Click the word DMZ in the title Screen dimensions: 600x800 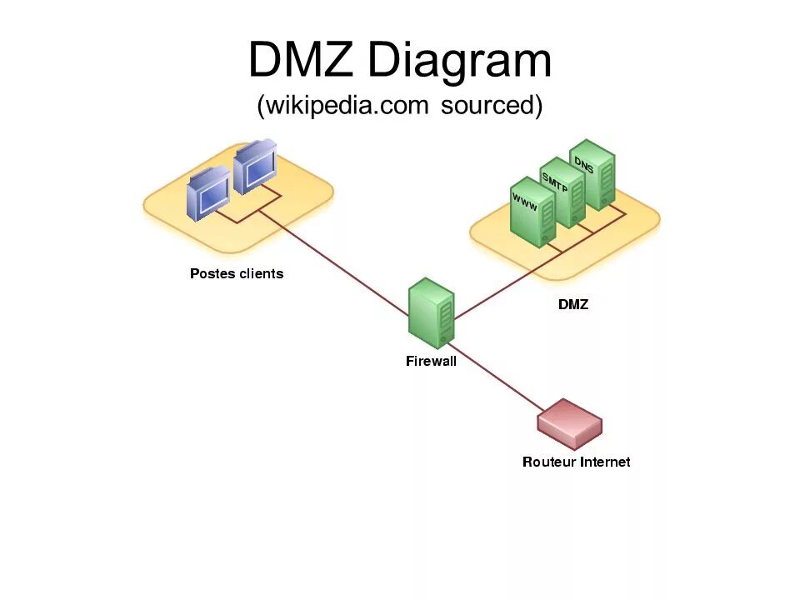(x=302, y=62)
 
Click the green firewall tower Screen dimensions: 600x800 (x=432, y=313)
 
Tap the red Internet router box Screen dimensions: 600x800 (x=570, y=424)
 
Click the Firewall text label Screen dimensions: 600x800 (x=431, y=362)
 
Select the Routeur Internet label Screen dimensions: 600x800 (x=576, y=462)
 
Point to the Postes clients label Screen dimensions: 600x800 (x=237, y=273)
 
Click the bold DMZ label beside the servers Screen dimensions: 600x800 (x=573, y=305)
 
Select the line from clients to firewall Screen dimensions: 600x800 (x=333, y=259)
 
